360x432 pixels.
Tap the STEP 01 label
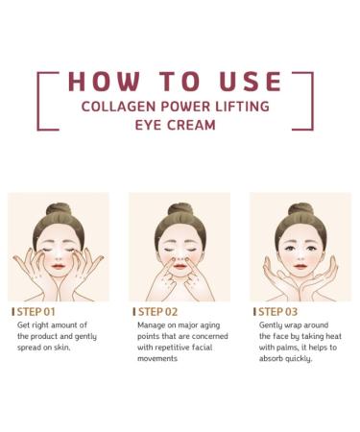click(36, 312)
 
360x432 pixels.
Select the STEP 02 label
click(157, 312)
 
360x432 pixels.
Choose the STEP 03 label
click(278, 312)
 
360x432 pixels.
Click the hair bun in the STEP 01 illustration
click(59, 207)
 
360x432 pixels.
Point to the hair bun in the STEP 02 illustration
click(180, 207)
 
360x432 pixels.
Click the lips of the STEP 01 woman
click(59, 270)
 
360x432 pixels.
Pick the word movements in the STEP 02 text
click(158, 358)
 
